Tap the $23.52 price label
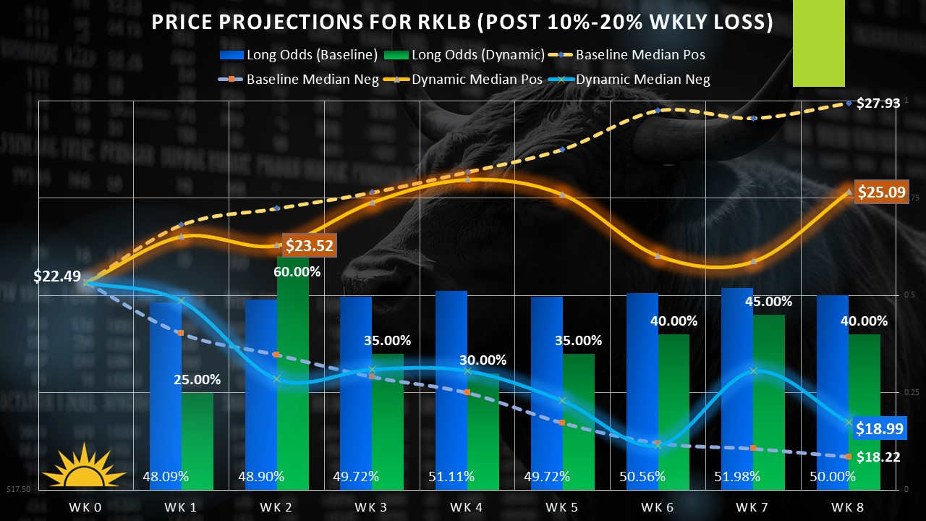point(309,246)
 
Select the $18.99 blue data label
point(879,428)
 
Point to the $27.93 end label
point(878,103)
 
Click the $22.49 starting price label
point(57,276)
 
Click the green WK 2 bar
point(293,376)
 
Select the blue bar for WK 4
point(451,391)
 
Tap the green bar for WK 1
point(197,441)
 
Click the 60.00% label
point(297,272)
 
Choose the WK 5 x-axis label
point(562,507)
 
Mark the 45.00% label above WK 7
point(768,302)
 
